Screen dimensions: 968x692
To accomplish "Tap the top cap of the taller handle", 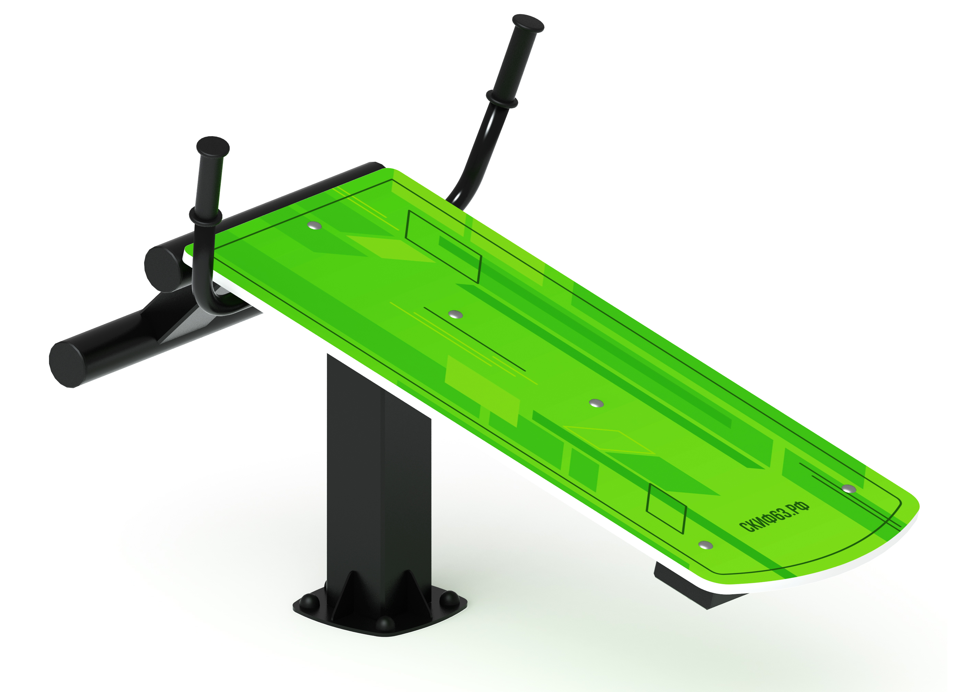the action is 528,23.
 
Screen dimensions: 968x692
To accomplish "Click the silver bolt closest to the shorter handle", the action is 314,225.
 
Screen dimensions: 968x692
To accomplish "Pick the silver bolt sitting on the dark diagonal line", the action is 456,314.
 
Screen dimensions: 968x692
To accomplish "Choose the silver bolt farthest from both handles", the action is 849,488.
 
